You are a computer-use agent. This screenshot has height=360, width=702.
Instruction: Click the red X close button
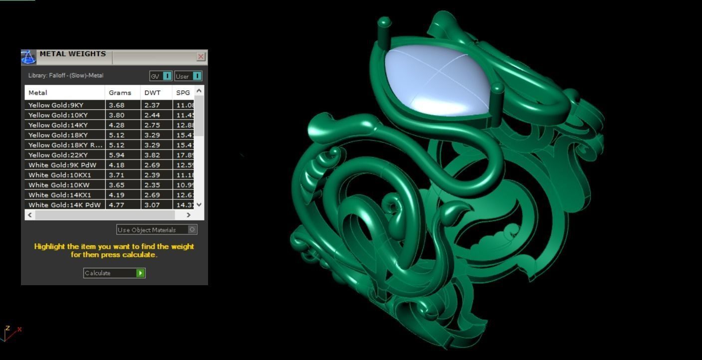pyautogui.click(x=201, y=57)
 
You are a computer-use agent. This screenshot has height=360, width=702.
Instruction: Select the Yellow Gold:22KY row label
pyautogui.click(x=58, y=155)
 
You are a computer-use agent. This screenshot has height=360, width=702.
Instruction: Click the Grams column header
pyautogui.click(x=120, y=93)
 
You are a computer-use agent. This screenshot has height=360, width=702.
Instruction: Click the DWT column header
pyautogui.click(x=152, y=93)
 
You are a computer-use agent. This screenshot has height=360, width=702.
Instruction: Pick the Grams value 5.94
pyautogui.click(x=116, y=155)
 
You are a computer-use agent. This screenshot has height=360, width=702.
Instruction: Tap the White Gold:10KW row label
pyautogui.click(x=59, y=185)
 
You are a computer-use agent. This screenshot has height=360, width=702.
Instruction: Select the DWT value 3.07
pyautogui.click(x=152, y=205)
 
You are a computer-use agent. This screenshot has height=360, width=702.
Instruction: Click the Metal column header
pyautogui.click(x=38, y=93)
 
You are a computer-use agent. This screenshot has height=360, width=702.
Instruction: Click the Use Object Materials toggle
pyautogui.click(x=192, y=229)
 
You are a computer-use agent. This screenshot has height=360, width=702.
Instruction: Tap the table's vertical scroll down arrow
pyautogui.click(x=199, y=204)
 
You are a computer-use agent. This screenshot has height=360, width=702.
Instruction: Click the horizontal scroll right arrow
pyautogui.click(x=188, y=215)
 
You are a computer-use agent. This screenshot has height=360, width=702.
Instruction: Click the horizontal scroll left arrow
pyautogui.click(x=30, y=215)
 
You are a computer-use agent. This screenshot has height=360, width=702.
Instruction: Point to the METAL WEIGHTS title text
pyautogui.click(x=72, y=54)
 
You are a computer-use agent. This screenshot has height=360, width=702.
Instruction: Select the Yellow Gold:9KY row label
pyautogui.click(x=55, y=105)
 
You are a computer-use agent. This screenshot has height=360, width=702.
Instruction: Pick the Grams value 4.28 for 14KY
pyautogui.click(x=116, y=125)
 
